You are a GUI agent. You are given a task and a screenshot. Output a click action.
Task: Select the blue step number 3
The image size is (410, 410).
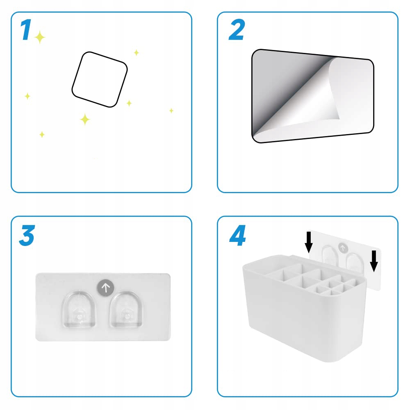point(27,235)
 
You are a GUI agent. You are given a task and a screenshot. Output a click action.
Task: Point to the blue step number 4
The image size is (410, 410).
point(237,235)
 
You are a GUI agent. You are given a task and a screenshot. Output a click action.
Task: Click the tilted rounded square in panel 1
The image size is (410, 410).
point(100,80)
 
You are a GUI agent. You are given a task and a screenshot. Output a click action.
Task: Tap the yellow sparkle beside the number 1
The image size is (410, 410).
point(40,37)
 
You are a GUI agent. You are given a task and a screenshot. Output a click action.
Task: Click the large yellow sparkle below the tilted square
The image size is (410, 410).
point(85,119)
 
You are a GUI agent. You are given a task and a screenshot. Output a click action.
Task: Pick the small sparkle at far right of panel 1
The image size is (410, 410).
point(171,111)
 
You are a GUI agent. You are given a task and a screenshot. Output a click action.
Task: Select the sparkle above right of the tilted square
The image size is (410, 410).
point(136,52)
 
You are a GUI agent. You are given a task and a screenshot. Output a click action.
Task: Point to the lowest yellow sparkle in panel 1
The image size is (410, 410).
point(42,134)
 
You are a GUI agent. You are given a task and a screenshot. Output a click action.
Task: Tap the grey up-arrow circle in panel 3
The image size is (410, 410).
point(106,288)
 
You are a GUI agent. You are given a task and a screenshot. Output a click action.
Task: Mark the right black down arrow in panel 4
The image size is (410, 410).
point(374,261)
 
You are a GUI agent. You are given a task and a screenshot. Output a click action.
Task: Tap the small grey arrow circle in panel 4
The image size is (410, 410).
point(343,248)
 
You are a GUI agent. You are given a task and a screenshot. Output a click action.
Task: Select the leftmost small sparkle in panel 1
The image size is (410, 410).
point(27,96)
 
